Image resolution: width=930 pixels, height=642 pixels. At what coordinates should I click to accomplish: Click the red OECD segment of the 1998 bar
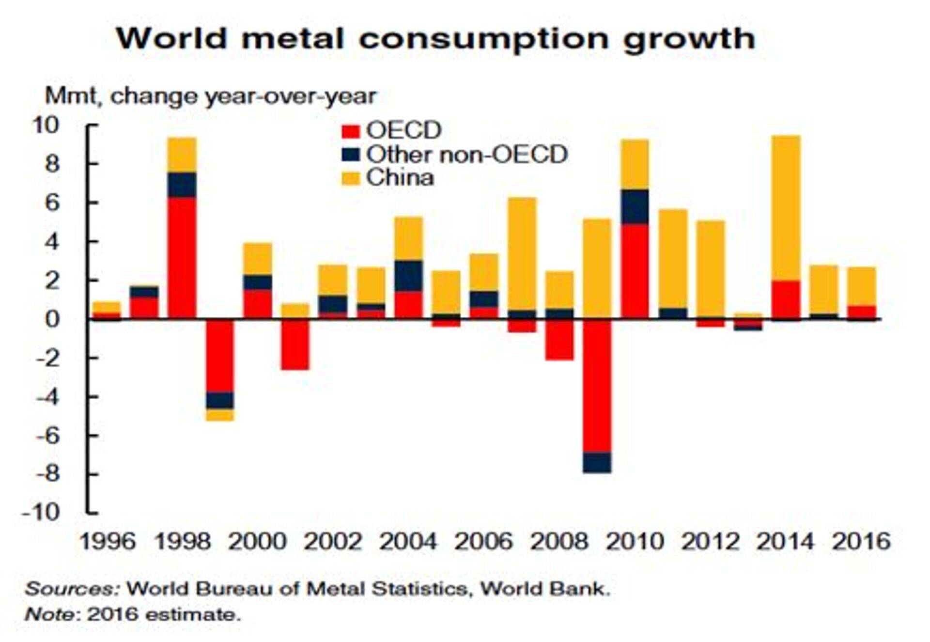182,257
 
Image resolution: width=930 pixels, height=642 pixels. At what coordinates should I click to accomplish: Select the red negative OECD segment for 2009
597,386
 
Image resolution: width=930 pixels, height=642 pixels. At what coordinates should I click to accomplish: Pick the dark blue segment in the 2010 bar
635,206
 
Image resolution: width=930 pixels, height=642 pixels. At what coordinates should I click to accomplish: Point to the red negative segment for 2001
295,344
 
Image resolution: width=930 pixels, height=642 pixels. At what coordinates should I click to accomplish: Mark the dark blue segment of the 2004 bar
408,275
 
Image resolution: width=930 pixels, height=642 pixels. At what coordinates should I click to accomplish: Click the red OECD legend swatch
351,131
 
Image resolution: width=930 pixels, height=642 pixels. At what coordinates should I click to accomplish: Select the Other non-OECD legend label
466,155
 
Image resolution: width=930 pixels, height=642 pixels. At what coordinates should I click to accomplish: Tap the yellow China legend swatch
351,178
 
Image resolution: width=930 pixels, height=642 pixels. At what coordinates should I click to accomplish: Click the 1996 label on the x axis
107,541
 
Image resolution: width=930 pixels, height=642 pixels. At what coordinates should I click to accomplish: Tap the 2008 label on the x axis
559,541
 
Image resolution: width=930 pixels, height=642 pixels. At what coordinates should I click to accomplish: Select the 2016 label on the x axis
861,541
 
